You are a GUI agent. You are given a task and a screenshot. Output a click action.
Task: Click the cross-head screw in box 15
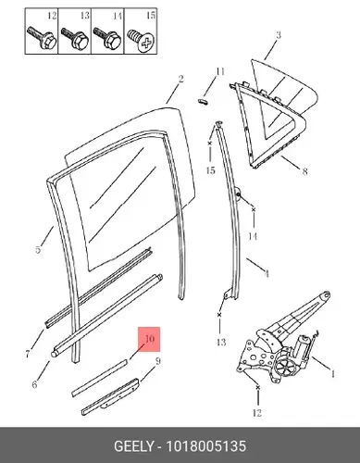142,40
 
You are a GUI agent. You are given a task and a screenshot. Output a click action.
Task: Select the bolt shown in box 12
42,38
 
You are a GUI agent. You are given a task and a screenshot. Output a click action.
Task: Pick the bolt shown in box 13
75,38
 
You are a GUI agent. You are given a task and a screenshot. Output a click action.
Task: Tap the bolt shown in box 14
107,38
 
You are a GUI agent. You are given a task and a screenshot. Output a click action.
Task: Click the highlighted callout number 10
149,339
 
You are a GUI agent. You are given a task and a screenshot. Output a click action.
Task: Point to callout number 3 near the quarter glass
279,34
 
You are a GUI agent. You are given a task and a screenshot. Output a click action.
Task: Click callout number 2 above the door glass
180,79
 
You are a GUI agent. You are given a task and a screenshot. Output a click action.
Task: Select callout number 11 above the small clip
219,72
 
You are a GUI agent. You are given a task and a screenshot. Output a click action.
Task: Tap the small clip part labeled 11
203,100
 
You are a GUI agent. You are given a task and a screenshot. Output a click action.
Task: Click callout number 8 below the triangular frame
304,170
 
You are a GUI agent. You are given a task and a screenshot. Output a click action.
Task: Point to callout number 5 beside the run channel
38,249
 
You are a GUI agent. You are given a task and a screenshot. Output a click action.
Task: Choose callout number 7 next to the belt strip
28,354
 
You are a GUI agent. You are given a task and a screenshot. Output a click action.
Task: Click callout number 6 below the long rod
34,384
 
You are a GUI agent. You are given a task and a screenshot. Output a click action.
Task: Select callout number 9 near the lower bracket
157,361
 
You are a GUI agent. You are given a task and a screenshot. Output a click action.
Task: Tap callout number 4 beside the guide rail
267,273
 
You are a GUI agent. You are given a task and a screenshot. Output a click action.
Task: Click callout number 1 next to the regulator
332,374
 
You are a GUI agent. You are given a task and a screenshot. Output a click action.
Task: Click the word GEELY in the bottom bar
133,446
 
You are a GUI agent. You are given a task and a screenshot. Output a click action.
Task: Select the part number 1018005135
206,446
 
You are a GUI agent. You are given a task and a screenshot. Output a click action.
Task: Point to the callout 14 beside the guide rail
253,236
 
